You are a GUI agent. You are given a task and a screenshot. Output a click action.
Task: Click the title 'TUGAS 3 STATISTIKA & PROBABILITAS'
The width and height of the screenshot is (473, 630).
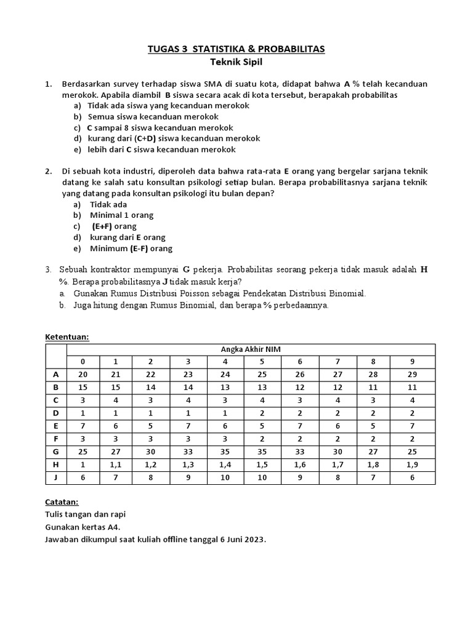coord(236,49)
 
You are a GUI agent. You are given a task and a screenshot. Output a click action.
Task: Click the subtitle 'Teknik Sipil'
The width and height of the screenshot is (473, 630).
coord(236,62)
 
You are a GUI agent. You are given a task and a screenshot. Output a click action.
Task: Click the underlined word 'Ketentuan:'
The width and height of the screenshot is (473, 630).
coord(68,337)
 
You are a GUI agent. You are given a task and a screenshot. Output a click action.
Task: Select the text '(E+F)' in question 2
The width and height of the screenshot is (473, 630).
coord(105,226)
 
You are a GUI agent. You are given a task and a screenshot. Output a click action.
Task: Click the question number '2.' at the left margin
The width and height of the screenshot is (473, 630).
coord(49,171)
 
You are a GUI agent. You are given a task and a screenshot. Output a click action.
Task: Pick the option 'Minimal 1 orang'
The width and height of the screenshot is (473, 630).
coord(121,215)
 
